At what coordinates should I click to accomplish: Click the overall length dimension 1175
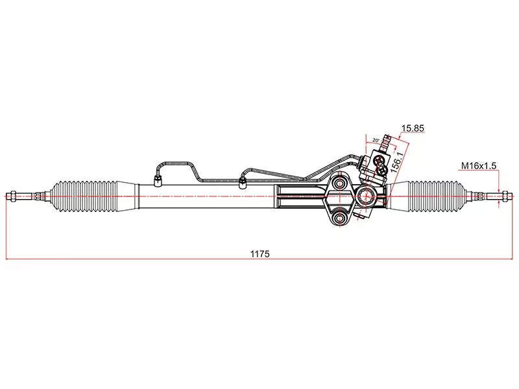pos(260,254)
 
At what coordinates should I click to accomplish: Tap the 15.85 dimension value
pos(413,128)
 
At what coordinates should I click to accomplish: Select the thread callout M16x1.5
pos(479,165)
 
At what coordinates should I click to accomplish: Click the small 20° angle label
pos(376,140)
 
